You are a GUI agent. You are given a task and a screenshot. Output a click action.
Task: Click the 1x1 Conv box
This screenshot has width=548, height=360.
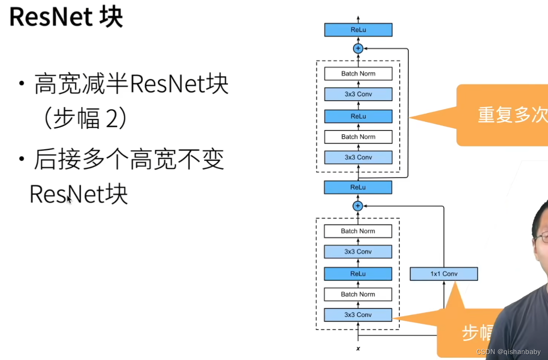click(444, 274)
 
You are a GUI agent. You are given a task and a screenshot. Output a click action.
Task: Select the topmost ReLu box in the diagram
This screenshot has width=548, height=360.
click(358, 30)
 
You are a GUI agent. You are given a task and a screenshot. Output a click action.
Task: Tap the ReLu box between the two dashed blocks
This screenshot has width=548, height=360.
click(358, 187)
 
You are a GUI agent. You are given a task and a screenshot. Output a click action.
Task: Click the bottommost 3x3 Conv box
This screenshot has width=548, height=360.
click(358, 315)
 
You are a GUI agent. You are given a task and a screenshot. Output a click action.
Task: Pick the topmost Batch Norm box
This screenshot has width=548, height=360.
click(358, 73)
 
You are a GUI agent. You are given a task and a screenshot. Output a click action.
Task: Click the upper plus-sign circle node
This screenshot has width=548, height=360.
click(358, 49)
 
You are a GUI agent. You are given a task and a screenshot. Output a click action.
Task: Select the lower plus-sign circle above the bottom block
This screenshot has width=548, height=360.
click(358, 206)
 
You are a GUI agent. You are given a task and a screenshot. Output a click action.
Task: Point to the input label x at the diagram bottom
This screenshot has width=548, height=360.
click(358, 349)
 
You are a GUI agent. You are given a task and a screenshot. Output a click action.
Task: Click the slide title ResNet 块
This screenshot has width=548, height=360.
click(66, 18)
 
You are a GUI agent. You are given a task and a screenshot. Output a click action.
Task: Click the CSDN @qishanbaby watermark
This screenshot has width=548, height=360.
click(509, 352)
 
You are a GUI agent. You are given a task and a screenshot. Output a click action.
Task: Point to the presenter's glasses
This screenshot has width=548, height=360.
click(542, 237)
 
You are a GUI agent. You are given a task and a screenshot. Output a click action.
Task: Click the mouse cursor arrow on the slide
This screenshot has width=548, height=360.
click(69, 199)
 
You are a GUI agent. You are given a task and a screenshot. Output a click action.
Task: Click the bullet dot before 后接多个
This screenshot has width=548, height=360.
click(22, 161)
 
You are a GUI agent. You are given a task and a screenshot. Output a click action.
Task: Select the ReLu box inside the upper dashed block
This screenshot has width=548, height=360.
click(358, 116)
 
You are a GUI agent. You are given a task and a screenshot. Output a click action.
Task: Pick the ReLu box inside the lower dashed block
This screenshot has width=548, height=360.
click(358, 274)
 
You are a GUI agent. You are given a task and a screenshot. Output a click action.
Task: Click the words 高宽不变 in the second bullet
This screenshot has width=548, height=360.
click(177, 161)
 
